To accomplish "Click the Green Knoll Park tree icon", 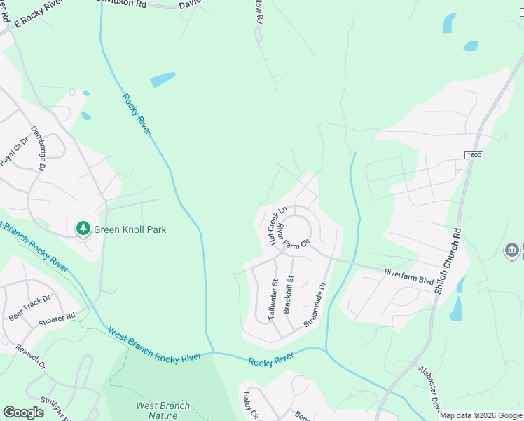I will (83, 228).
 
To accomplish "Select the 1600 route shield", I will (474, 154).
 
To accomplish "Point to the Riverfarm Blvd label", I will (408, 276).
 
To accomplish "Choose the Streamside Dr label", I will (315, 305).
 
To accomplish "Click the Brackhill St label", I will (289, 294).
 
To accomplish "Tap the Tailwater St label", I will (274, 300).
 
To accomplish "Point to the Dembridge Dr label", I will (38, 149).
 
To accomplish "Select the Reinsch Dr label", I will (32, 356).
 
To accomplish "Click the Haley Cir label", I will (251, 406).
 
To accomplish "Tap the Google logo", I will (23, 413).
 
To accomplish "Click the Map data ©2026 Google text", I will (480, 415).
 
